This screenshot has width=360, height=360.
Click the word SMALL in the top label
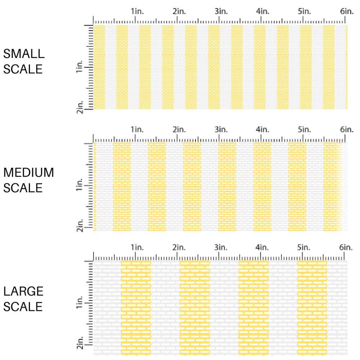pyautogui.click(x=24, y=54)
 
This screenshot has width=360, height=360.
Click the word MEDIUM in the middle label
pyautogui.click(x=28, y=173)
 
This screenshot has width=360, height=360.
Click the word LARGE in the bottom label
pyautogui.click(x=23, y=291)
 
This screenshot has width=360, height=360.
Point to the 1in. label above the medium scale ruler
pyautogui.click(x=137, y=129)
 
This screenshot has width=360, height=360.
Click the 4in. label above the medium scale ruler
pyautogui.click(x=263, y=129)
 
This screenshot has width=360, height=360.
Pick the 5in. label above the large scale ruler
pyautogui.click(x=305, y=248)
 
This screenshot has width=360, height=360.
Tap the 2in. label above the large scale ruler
pyautogui.click(x=179, y=248)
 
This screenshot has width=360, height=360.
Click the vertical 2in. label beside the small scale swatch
pyautogui.click(x=80, y=108)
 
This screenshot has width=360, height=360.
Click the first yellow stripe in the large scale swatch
pyautogui.click(x=136, y=308)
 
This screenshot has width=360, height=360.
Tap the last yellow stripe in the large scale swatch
pyautogui.click(x=312, y=308)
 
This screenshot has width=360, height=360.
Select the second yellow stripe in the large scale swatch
pyautogui.click(x=195, y=308)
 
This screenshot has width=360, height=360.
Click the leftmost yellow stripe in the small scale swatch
pyautogui.click(x=99, y=67)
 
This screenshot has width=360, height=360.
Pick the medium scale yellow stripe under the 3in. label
pyautogui.click(x=227, y=186)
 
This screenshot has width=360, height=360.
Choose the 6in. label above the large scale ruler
pyautogui.click(x=346, y=248)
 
